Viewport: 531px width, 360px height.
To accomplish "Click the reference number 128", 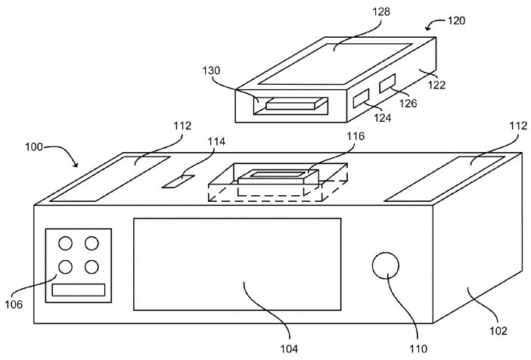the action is click(x=381, y=12).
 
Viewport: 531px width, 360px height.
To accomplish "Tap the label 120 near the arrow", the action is click(x=457, y=21).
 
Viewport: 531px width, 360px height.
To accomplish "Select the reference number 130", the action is click(x=211, y=71).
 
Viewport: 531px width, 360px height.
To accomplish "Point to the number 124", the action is click(x=383, y=117).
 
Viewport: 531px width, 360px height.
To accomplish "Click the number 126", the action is click(x=408, y=104).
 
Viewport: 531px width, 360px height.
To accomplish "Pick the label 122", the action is click(x=436, y=85).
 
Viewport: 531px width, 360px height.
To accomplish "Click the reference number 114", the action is click(x=216, y=141).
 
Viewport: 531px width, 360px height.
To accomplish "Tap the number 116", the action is click(x=356, y=136).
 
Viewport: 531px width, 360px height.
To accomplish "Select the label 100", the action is click(x=34, y=147).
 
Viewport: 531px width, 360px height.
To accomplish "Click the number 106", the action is click(x=14, y=304).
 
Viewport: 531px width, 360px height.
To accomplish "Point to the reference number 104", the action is click(x=289, y=348).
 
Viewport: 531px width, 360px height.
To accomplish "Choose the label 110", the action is click(x=418, y=348).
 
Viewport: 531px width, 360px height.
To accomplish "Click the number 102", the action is click(x=498, y=331).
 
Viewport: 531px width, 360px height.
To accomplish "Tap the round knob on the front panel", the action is click(x=385, y=265).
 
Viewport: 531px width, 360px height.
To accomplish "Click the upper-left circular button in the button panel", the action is click(x=65, y=244).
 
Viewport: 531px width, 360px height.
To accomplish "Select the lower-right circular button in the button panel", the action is click(x=92, y=267).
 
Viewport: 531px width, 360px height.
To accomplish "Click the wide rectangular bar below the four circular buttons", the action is click(x=79, y=290).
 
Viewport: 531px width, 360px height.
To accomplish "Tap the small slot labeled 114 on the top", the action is click(x=179, y=182).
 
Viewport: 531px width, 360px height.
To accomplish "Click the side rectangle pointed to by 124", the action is click(x=361, y=98).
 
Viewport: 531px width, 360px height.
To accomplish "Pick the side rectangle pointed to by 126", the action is click(x=387, y=83).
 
